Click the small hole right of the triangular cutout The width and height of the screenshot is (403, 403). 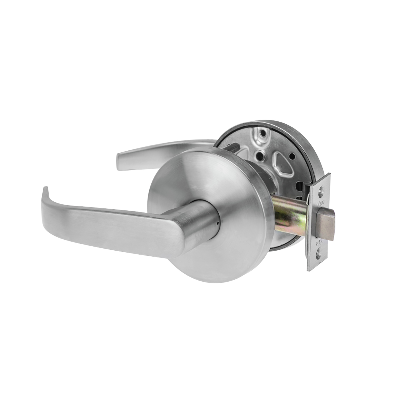point(292,156)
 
